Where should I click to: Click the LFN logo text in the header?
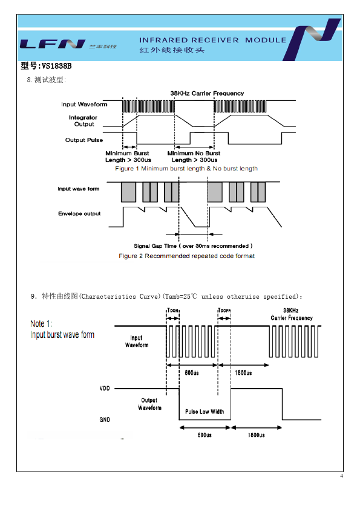tap(52, 44)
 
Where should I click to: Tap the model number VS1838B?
tap(56, 66)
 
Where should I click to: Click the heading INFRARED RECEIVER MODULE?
tap(213, 40)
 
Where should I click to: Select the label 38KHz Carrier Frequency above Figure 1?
tap(207, 94)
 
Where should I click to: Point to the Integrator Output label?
tap(83, 121)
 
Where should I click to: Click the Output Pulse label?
tap(84, 140)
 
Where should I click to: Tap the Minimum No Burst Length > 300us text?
tap(194, 157)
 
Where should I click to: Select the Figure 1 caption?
tap(186, 169)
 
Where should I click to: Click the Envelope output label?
tap(79, 213)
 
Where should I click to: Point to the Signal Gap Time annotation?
tap(193, 246)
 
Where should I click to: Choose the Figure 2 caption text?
tap(186, 256)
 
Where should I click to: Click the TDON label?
tap(173, 310)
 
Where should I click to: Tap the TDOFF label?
tap(224, 310)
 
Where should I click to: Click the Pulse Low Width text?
tap(205, 412)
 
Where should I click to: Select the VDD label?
tap(105, 388)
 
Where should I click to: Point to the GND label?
tap(105, 420)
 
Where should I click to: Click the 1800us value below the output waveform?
tap(256, 435)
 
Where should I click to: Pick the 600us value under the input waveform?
tap(192, 372)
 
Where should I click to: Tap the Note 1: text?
tap(41, 323)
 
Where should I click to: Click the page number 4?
tap(341, 476)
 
